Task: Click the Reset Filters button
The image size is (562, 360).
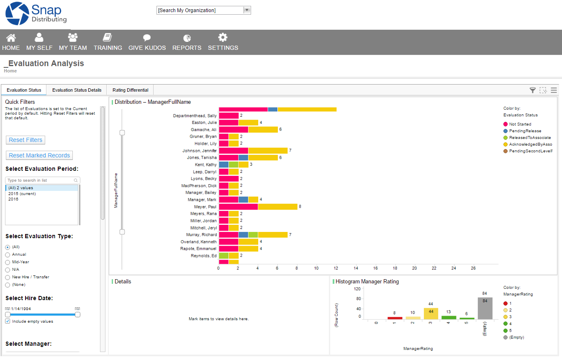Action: [x=26, y=140]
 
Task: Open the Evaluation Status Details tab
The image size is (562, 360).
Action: [x=77, y=90]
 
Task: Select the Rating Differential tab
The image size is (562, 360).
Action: [x=130, y=90]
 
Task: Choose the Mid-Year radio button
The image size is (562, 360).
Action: [x=8, y=262]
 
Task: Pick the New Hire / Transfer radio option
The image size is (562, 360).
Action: [x=8, y=277]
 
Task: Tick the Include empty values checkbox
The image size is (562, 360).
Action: [x=8, y=321]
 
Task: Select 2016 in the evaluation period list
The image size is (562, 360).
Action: [x=13, y=199]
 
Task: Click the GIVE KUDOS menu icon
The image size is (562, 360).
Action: [x=147, y=38]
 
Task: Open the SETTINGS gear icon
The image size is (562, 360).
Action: [x=223, y=38]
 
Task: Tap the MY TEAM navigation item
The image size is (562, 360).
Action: [x=73, y=42]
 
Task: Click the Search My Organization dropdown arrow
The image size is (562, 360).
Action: [x=246, y=10]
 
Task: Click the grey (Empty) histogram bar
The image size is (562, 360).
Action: [x=485, y=309]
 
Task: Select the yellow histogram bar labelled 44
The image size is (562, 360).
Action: [x=431, y=314]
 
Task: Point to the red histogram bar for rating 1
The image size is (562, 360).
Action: [x=395, y=318]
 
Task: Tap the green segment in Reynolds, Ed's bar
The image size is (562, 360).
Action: [x=223, y=255]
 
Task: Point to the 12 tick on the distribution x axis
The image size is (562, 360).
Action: [x=336, y=268]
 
